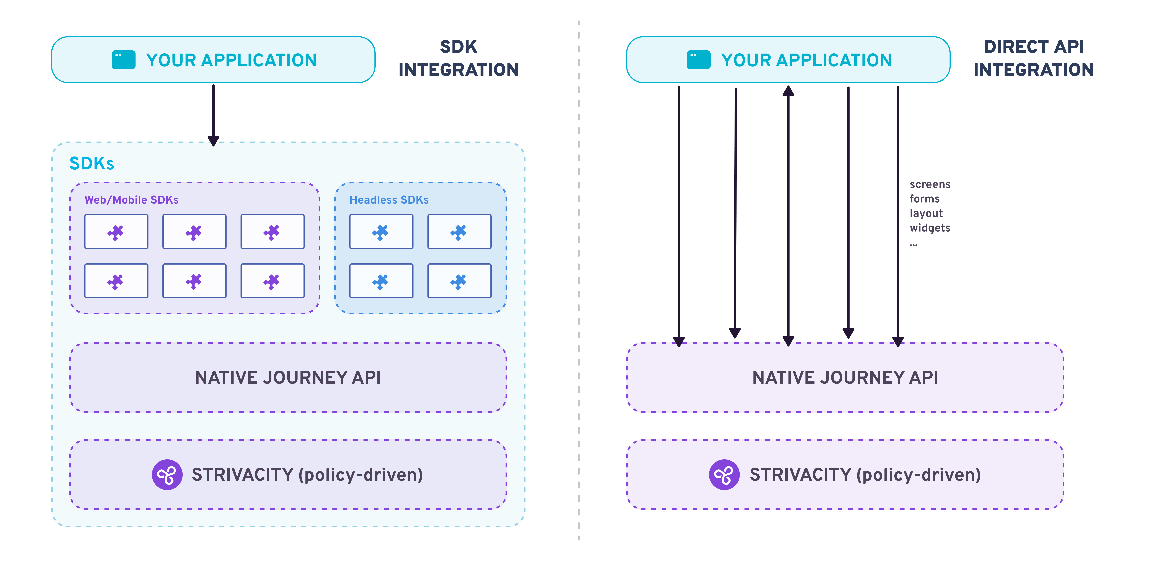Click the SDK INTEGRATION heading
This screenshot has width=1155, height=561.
point(458,58)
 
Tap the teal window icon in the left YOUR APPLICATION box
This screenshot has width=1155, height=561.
point(123,60)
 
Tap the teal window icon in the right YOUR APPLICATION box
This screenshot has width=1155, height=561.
point(698,60)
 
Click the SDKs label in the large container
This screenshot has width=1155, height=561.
point(91,164)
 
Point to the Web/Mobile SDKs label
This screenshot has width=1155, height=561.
point(131,200)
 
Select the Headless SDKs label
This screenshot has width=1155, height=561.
point(389,200)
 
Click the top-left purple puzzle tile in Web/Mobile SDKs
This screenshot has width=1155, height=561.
point(116,232)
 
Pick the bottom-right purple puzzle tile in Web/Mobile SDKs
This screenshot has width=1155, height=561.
point(272,281)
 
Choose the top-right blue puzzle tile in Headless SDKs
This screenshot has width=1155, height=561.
point(459,232)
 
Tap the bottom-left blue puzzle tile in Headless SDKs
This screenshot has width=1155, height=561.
point(381,281)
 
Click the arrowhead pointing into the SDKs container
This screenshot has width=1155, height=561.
point(213,140)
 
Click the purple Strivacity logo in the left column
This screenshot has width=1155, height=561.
point(167,475)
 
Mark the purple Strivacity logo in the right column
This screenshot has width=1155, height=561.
point(724,475)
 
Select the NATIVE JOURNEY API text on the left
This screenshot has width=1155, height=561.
point(288,377)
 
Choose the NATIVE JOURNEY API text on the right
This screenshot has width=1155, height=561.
point(845,377)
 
